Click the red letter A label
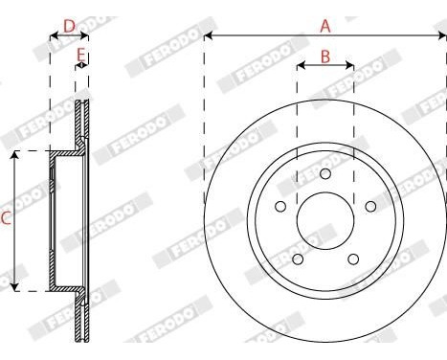tap(324, 25)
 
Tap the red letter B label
tap(324, 56)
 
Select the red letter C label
tap(6, 219)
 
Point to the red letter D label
tap(68, 25)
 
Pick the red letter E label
tap(81, 54)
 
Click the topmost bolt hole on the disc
tap(325, 173)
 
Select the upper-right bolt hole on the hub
tap(369, 206)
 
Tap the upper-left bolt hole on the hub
tap(280, 206)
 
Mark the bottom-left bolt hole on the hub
tap(298, 259)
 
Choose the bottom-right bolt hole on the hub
tap(352, 259)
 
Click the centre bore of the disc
tap(325, 220)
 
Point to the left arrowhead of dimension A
tap(208, 36)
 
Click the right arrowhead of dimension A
tap(442, 36)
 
